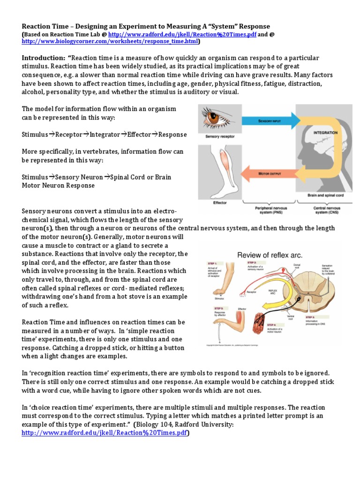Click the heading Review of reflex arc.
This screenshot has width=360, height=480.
coord(270,255)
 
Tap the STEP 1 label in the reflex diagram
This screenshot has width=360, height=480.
coord(212,264)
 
